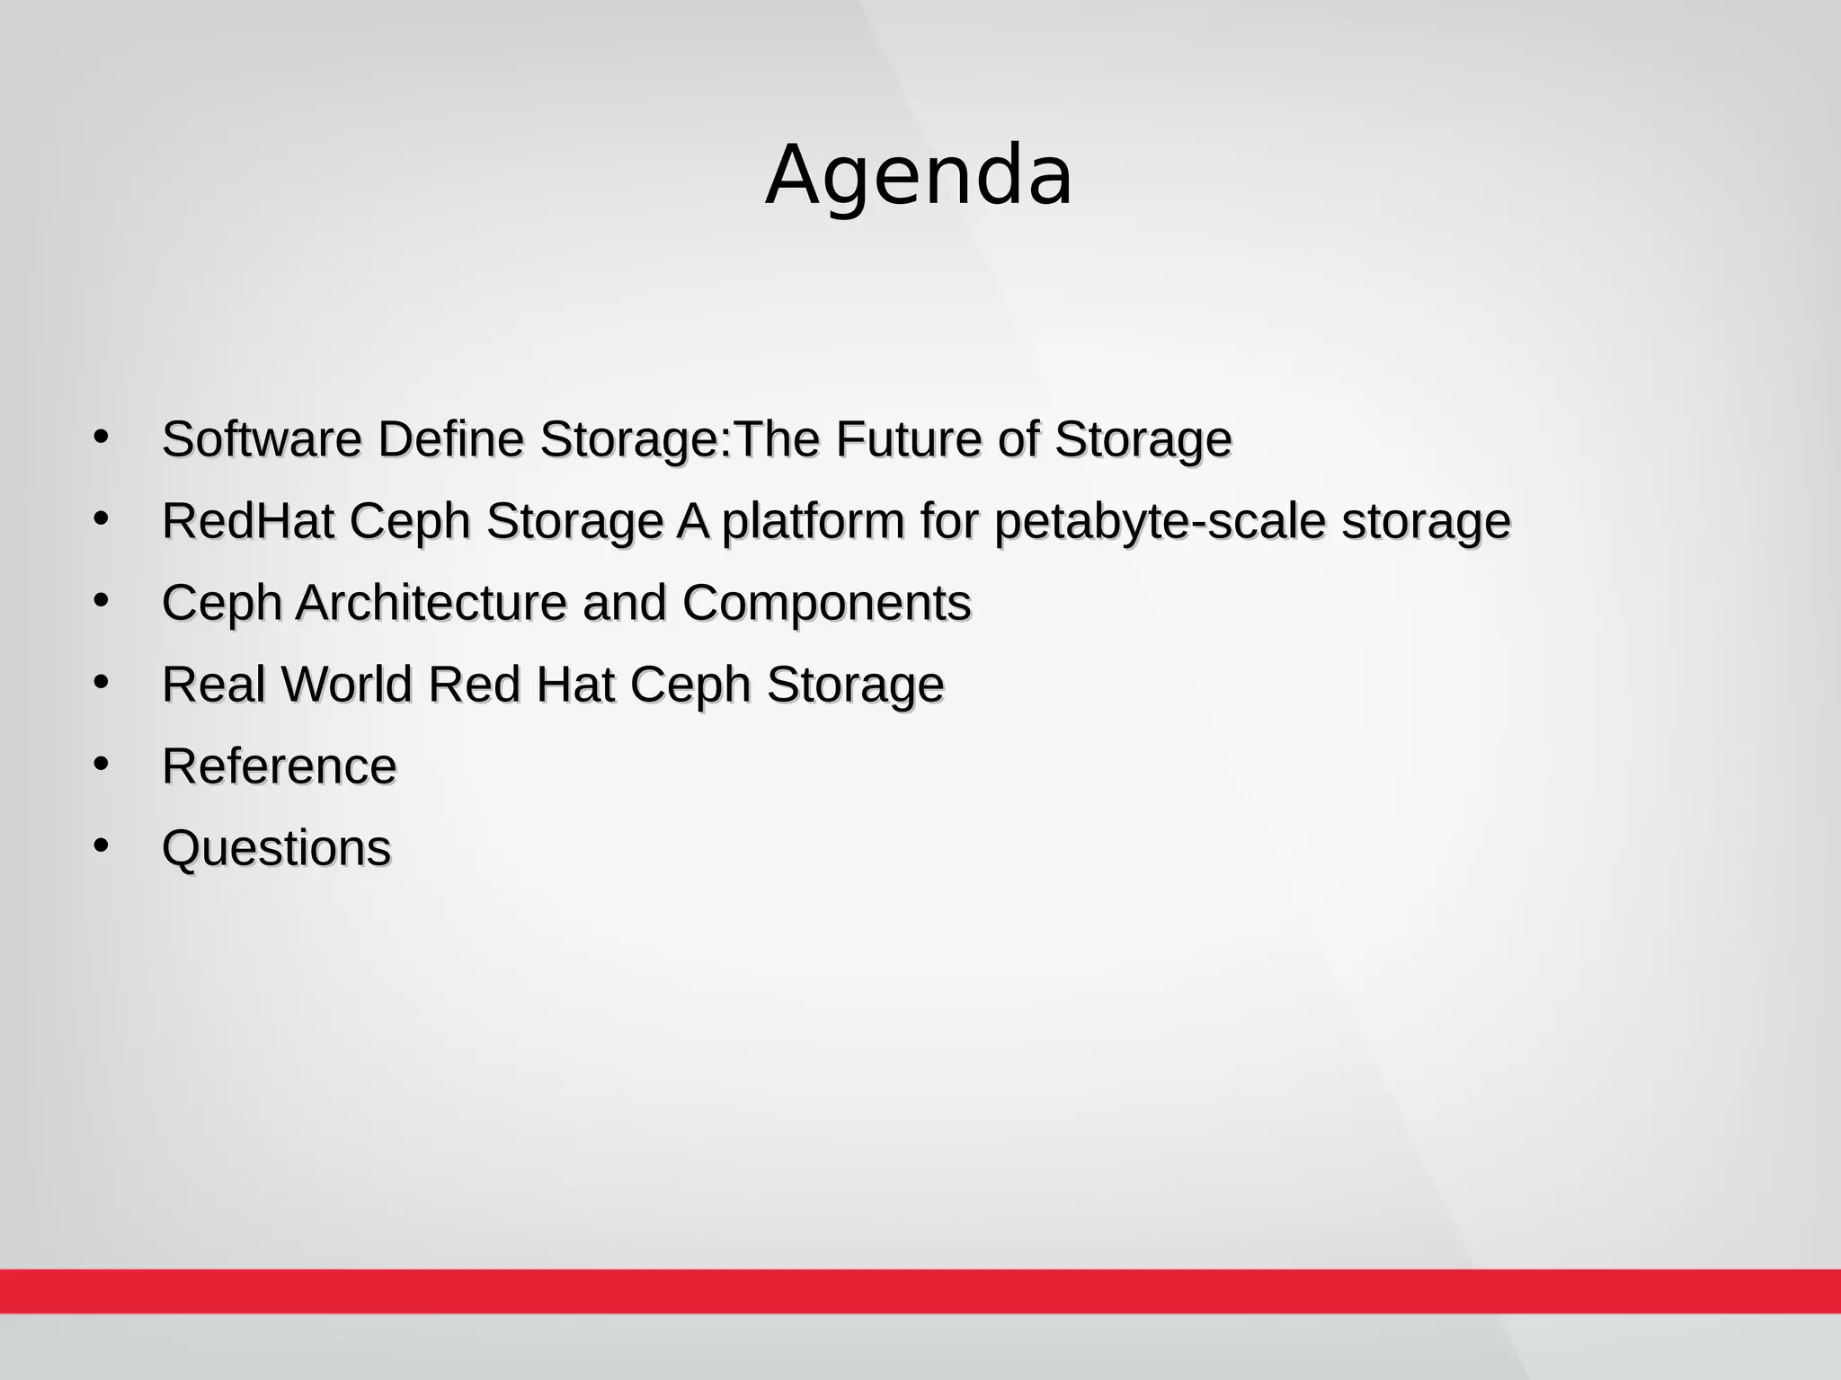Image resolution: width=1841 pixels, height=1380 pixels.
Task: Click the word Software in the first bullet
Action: pyautogui.click(x=262, y=439)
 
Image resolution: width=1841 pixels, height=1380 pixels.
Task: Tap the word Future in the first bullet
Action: pyautogui.click(x=909, y=439)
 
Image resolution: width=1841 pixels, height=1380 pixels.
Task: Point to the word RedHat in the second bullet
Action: pyautogui.click(x=248, y=521)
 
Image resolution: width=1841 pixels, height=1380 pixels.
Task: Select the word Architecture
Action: pyautogui.click(x=431, y=603)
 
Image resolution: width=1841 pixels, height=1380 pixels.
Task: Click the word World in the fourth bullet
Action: pyautogui.click(x=347, y=685)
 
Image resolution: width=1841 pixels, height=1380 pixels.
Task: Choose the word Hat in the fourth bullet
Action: pyautogui.click(x=575, y=685)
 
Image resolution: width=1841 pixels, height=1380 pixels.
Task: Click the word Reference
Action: pyautogui.click(x=279, y=766)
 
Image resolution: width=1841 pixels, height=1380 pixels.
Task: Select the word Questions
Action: pyautogui.click(x=276, y=848)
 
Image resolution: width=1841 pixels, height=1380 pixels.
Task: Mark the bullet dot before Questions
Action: pyautogui.click(x=101, y=845)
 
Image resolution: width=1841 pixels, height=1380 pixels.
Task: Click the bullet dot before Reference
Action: pyautogui.click(x=101, y=764)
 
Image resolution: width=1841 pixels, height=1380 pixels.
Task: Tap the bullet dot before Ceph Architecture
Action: pyautogui.click(x=101, y=600)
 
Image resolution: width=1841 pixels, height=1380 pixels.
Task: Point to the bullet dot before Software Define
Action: pyautogui.click(x=101, y=437)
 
